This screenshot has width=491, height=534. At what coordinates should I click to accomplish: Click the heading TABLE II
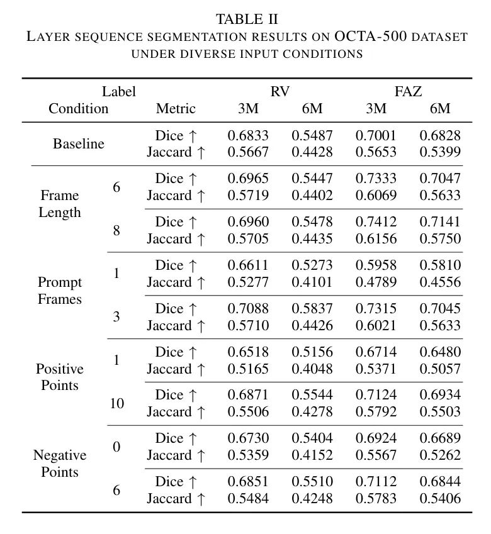tap(247, 19)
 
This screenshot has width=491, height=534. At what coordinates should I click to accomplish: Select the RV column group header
tap(280, 92)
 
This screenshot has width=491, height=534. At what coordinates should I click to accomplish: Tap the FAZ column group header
tap(408, 92)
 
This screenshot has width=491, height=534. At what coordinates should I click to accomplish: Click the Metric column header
tap(176, 109)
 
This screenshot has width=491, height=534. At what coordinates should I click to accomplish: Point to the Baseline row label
tap(79, 143)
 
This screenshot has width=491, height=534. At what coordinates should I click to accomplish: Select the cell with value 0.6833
tap(248, 135)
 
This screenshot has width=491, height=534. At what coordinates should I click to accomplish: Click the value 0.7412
tap(376, 221)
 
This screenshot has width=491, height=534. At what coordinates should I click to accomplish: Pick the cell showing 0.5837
tap(312, 308)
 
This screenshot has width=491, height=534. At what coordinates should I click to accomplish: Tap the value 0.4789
tap(376, 282)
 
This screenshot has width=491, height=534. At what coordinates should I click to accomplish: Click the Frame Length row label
tap(60, 204)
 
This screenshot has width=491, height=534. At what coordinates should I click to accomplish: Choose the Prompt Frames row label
tap(60, 291)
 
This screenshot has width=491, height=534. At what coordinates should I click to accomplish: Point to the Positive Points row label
tap(60, 377)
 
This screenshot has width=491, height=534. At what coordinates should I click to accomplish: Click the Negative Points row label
tap(60, 464)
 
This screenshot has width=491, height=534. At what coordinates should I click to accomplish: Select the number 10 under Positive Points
tap(117, 403)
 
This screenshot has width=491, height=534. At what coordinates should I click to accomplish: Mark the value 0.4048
tap(312, 369)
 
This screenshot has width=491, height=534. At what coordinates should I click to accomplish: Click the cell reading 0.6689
tap(440, 438)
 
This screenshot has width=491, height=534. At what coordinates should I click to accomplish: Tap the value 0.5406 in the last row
tap(440, 499)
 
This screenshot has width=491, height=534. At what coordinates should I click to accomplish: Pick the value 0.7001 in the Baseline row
tap(376, 135)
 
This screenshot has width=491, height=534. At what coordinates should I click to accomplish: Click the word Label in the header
tap(119, 92)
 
